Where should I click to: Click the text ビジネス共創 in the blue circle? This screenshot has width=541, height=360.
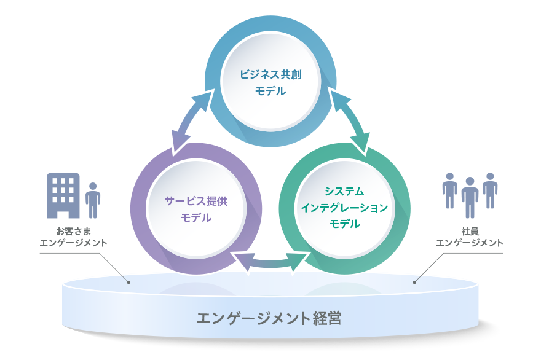270,75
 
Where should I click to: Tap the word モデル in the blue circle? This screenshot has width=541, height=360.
270,91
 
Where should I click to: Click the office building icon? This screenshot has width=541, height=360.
63,195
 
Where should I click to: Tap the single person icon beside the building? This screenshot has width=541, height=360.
93,200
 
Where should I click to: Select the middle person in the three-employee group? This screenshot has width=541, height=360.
470,197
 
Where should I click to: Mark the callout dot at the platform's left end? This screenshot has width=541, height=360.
129,283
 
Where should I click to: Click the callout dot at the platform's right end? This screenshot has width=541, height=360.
414,283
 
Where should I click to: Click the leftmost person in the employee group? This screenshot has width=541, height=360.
449,190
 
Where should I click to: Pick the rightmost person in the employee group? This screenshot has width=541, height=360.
490,190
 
